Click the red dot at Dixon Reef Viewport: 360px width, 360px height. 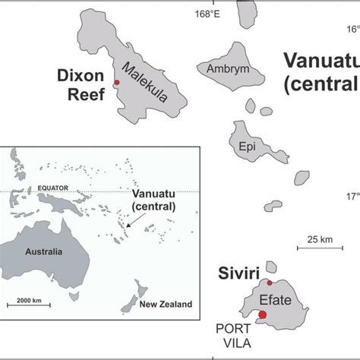(116, 83)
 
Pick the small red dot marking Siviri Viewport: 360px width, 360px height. (270, 283)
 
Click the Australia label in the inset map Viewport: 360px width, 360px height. (43, 251)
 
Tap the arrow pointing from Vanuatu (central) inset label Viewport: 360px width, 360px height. (134, 221)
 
